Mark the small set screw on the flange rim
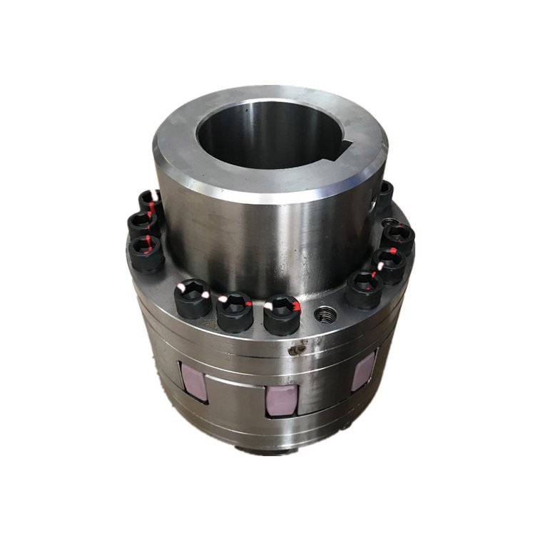click(x=294, y=351)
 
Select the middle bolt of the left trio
click(x=143, y=225)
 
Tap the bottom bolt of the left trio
click(x=148, y=252)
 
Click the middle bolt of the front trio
click(x=235, y=312)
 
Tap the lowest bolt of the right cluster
click(x=364, y=289)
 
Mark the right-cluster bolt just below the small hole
click(x=397, y=238)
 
